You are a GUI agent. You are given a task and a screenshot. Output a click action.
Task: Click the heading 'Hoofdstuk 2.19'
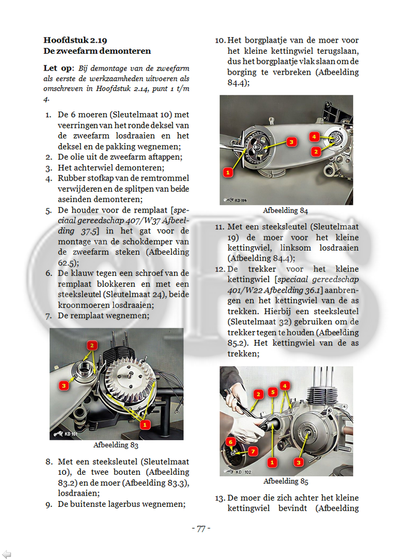75,40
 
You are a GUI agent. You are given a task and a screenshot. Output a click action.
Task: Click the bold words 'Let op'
57,68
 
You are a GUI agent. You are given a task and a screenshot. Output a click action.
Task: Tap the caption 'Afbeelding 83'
116,445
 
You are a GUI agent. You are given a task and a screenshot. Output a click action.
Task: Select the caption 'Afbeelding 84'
285,211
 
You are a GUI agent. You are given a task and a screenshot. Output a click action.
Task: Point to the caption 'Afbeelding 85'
285,482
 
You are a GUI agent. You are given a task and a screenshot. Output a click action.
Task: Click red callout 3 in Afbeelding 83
64,386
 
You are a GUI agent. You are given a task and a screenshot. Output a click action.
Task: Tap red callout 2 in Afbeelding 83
92,346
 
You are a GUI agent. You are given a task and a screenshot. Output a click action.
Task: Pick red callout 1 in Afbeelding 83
144,423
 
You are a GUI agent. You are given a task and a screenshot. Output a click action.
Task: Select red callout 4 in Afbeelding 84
313,136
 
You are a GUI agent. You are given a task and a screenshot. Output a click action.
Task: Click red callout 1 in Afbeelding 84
228,172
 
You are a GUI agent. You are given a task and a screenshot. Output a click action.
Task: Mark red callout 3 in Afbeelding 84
291,141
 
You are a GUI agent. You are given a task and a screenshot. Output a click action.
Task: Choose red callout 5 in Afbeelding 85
272,392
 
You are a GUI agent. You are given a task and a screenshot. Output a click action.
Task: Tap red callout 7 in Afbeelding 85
252,451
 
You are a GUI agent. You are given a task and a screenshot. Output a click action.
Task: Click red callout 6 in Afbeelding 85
230,442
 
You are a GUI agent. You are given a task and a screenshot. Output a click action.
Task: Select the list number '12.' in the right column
220,269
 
